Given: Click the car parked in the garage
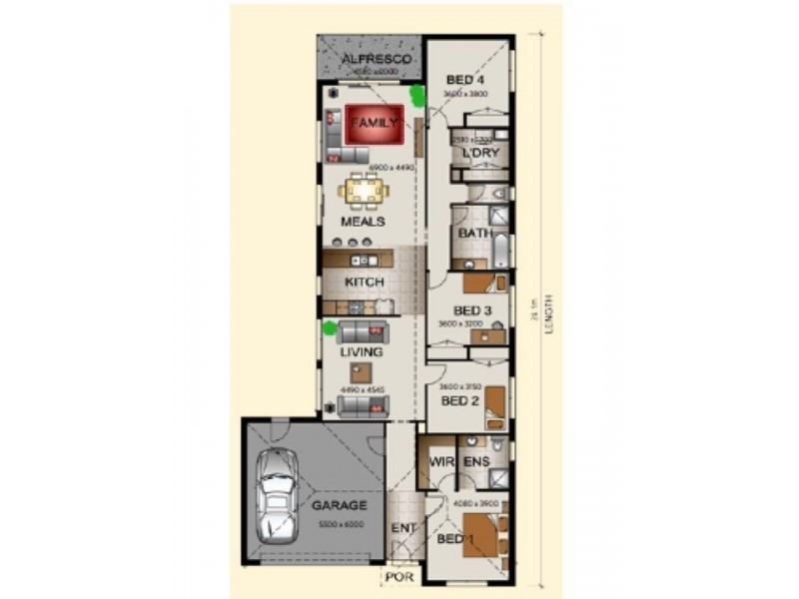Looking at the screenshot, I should tap(277, 497).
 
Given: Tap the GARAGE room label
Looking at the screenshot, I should tap(340, 506).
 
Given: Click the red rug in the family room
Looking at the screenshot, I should tap(374, 123).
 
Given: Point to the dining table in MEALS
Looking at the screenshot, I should tap(363, 189).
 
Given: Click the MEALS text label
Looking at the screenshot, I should tap(363, 222).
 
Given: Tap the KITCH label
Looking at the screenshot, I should tap(365, 283).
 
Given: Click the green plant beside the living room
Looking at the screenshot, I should tap(330, 326).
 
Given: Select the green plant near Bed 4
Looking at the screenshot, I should tap(416, 95).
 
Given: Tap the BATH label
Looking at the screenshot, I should tap(473, 234).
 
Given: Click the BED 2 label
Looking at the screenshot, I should tap(461, 400).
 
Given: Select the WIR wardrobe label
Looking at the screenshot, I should tap(442, 462).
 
